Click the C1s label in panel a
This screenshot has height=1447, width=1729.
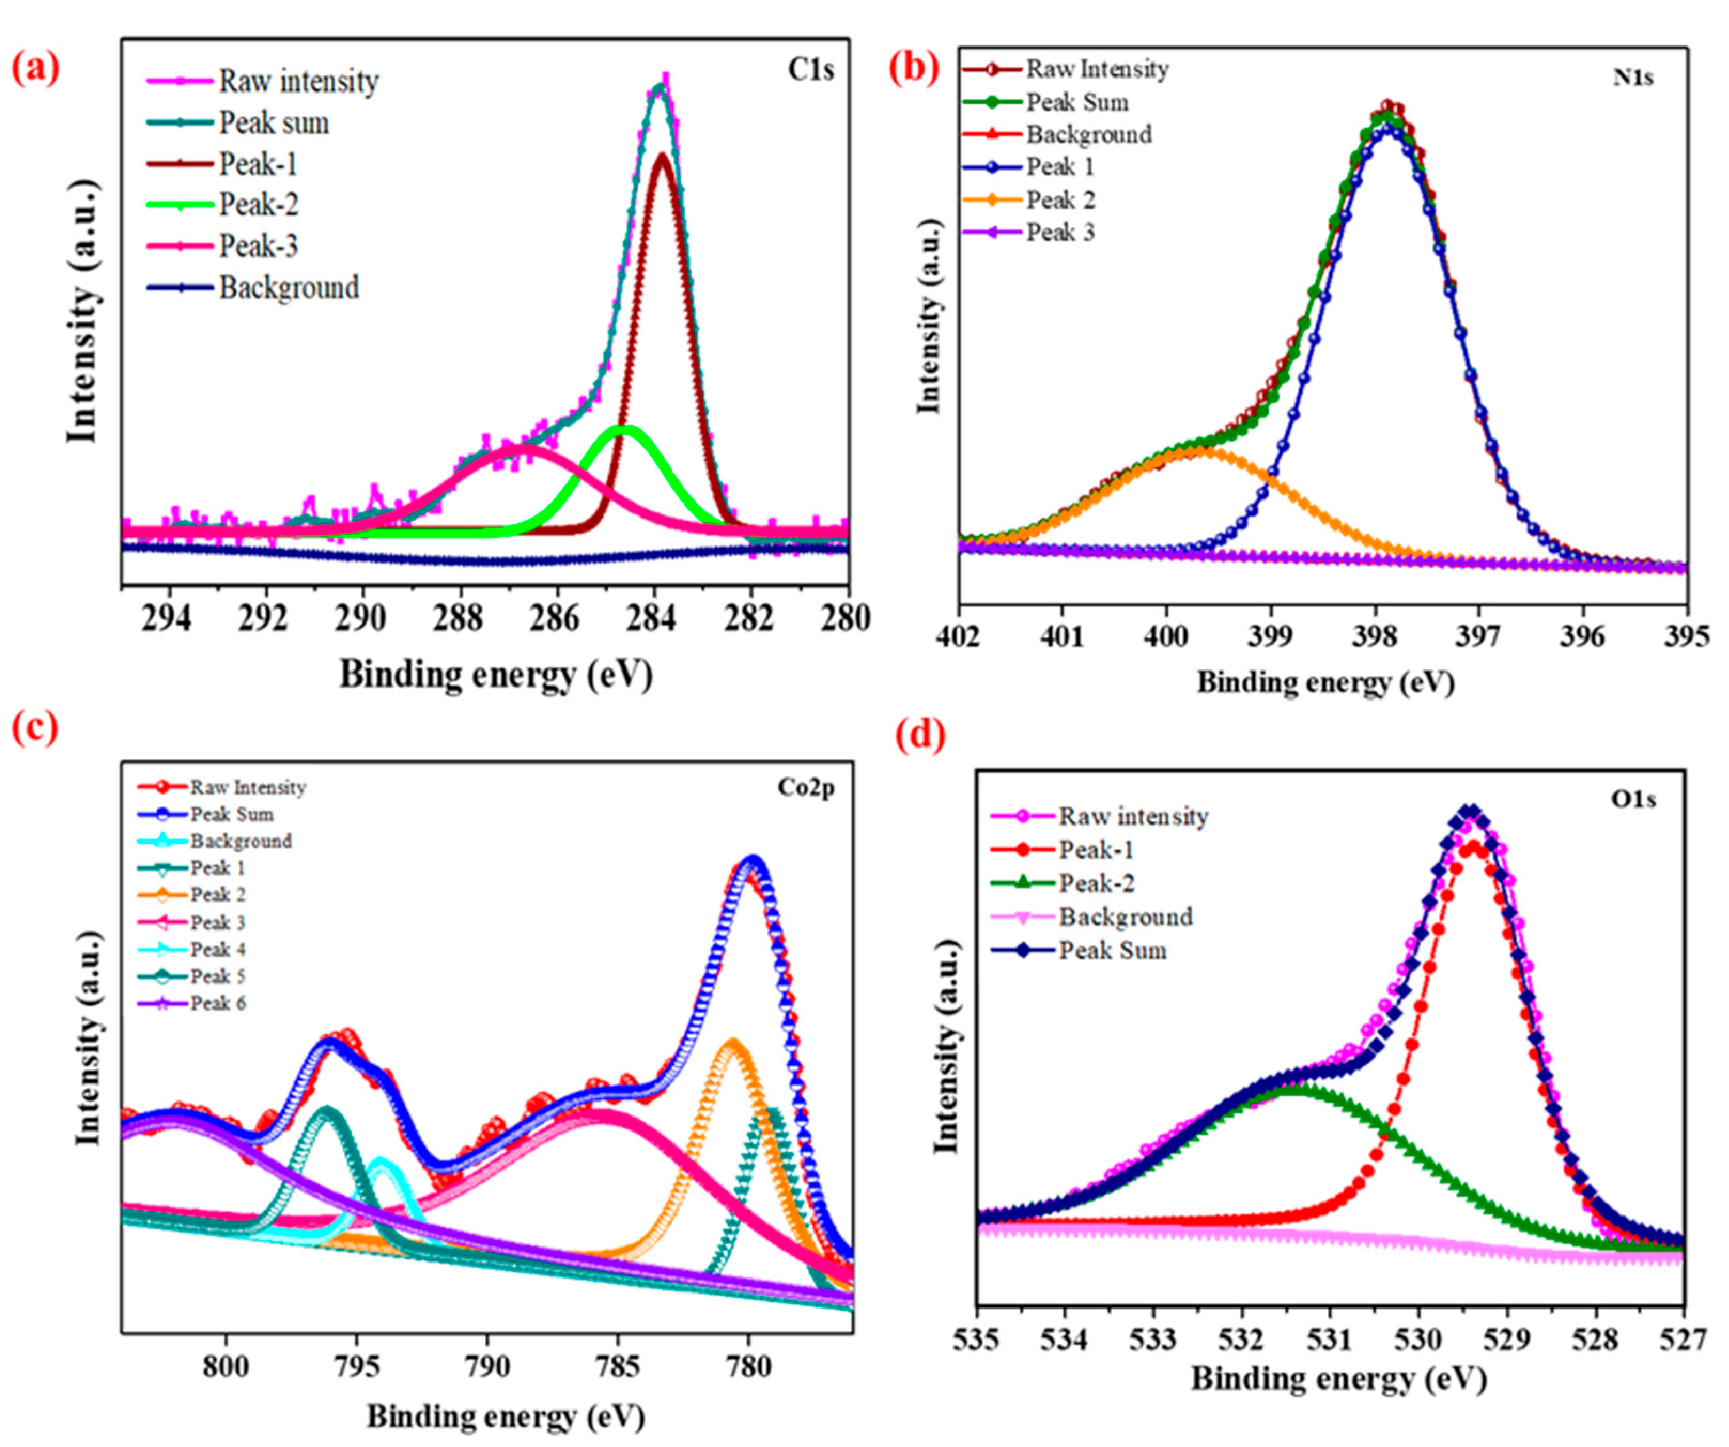[811, 70]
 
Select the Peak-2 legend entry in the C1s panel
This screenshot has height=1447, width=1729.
[258, 204]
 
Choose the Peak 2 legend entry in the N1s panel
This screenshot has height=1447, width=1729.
[1060, 200]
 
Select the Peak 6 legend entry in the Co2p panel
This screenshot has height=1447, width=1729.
[218, 1003]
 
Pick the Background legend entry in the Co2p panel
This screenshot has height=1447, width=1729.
[241, 841]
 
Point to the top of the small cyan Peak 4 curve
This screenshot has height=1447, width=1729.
[381, 1159]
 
